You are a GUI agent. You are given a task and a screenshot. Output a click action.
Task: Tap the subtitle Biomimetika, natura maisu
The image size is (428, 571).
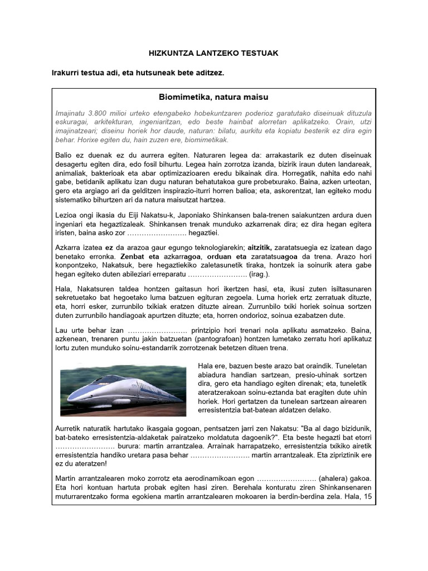[x=213, y=98]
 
